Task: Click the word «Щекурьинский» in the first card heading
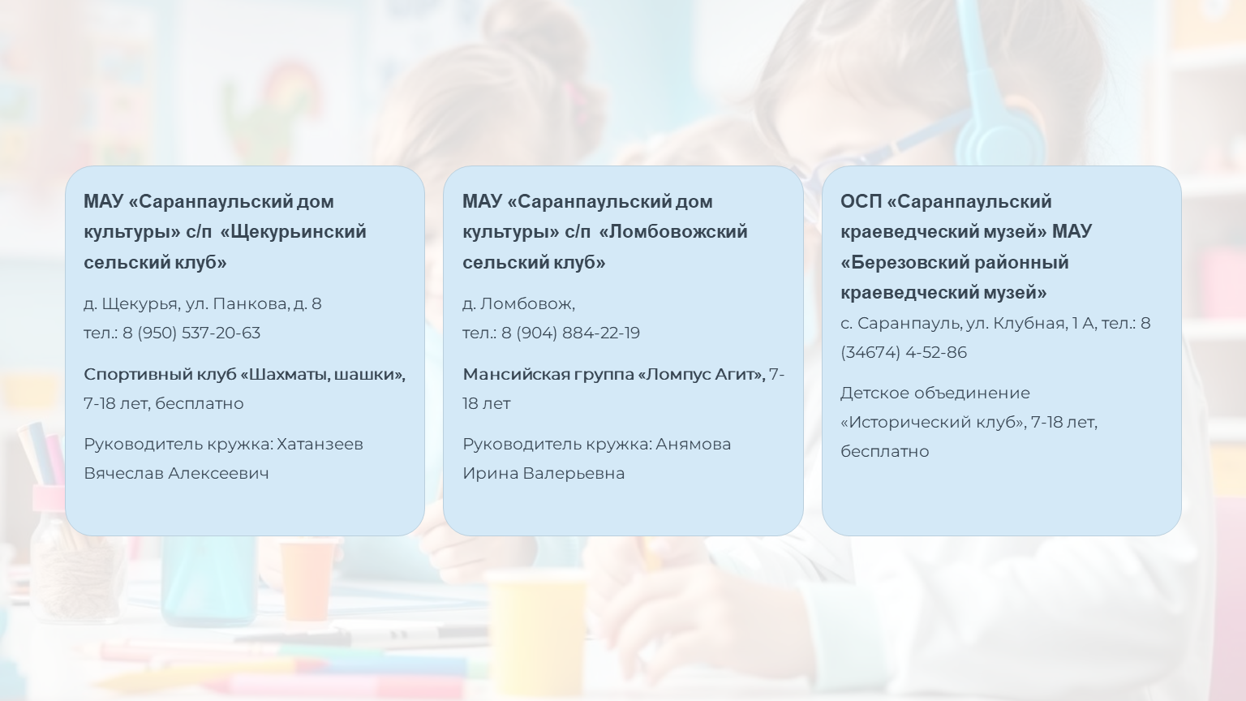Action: coord(293,232)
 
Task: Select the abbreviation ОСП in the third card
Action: coord(861,201)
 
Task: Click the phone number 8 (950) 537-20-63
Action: coord(191,333)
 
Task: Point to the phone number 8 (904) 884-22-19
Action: coord(571,333)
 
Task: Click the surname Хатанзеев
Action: coord(320,444)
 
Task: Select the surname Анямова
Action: coord(693,444)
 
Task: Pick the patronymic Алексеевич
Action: coord(218,473)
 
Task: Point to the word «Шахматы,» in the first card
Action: coord(284,374)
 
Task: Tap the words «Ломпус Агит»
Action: coord(701,374)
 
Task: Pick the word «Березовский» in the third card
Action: coord(904,262)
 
